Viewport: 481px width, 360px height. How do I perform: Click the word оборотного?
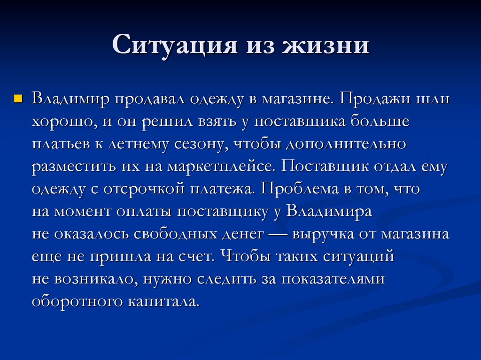75,301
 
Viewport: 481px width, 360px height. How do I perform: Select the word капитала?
162,301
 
